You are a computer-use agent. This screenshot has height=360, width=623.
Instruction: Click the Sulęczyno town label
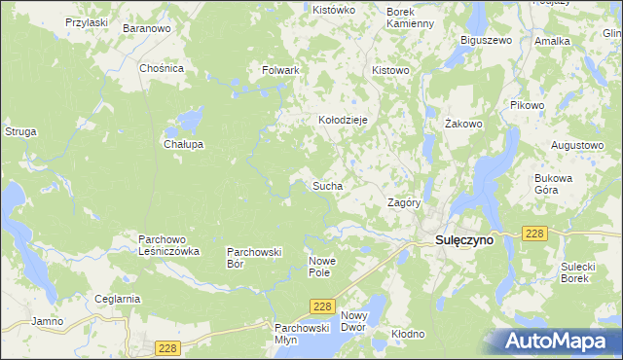(x=458, y=239)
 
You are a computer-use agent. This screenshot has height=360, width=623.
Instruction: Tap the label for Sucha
(x=326, y=184)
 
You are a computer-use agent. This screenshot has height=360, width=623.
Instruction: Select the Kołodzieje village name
(x=343, y=120)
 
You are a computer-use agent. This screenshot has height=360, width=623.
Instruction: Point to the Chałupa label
(x=182, y=144)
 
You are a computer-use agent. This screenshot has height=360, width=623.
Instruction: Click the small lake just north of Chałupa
(x=185, y=122)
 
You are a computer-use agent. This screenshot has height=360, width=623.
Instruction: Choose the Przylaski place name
(x=87, y=21)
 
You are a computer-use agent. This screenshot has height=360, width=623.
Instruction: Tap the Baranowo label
(x=147, y=29)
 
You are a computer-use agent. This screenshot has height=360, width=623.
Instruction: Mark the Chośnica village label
(x=162, y=69)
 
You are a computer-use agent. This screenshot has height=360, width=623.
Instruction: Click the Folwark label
(x=280, y=71)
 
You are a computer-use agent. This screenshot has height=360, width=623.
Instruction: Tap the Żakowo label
(x=463, y=125)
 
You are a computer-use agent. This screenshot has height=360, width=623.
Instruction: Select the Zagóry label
(x=403, y=203)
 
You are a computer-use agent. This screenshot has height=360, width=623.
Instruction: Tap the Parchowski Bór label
(x=254, y=257)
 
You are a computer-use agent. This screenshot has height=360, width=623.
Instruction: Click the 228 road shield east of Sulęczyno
(x=533, y=234)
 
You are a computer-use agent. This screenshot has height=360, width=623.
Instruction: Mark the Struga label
(x=20, y=130)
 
